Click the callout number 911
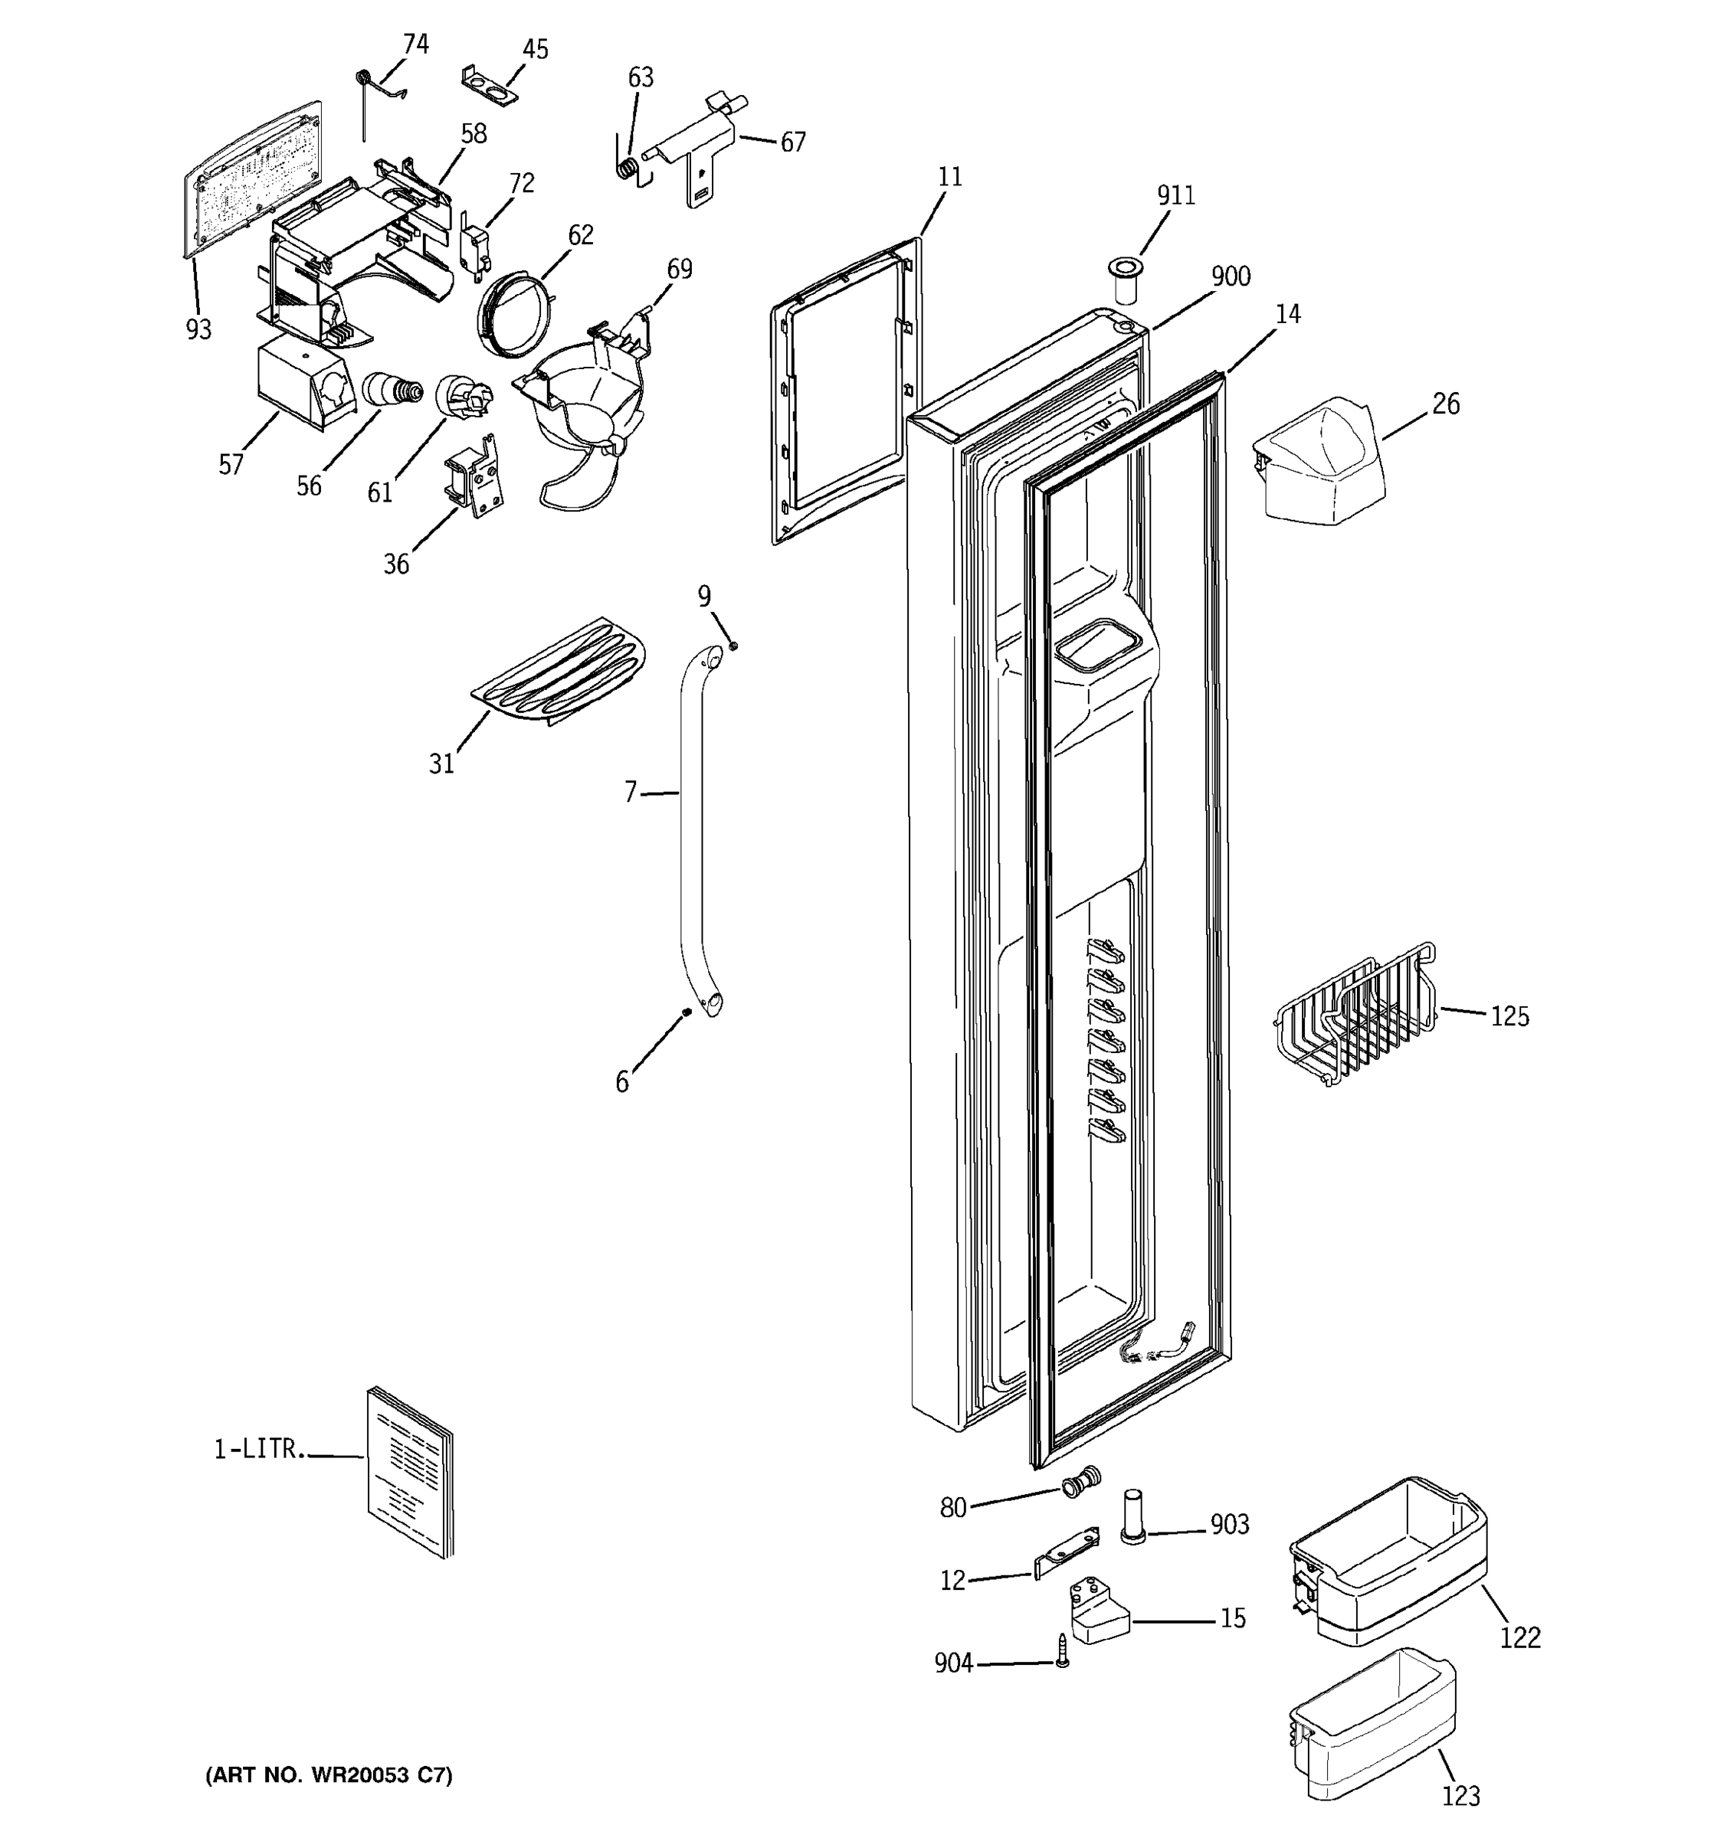pyautogui.click(x=1175, y=195)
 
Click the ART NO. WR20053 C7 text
pyautogui.click(x=329, y=1775)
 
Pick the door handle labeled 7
pyautogui.click(x=692, y=832)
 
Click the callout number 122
pyautogui.click(x=1519, y=1637)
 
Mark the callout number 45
pyautogui.click(x=535, y=49)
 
